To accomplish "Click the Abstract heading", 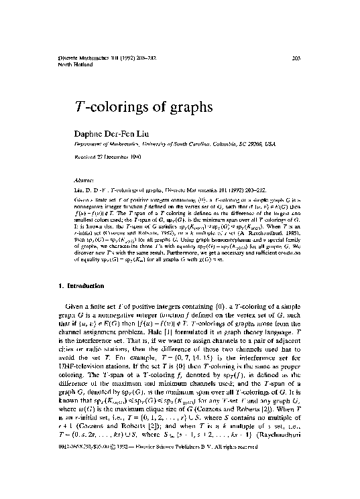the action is pos(84,180).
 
